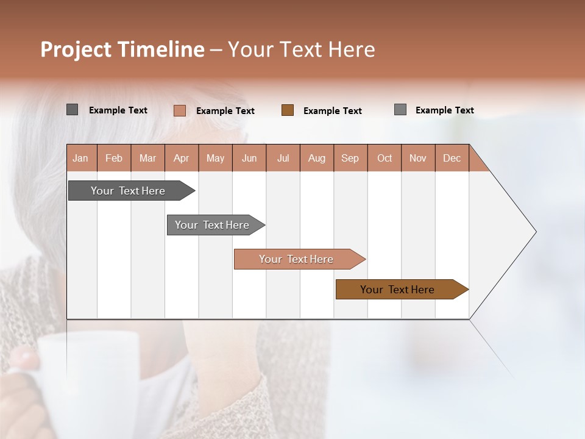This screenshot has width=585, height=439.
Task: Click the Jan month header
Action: pos(81,158)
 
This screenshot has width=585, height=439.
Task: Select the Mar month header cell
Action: pos(147,158)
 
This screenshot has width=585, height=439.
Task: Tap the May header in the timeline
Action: pos(215,158)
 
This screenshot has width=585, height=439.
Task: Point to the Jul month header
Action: pos(283,158)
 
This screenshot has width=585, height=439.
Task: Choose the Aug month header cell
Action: pos(316,158)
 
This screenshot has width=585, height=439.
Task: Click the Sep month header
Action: pos(350,158)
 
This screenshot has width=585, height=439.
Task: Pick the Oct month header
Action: pos(384,158)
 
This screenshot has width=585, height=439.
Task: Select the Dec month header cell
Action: pos(452,158)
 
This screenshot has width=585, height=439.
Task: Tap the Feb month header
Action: pos(114,158)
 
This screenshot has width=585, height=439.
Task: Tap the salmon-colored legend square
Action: pos(179,110)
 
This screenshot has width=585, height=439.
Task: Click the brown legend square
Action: pos(288,110)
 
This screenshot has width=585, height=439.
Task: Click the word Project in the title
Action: pos(76,49)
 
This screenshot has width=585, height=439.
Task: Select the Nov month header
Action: pos(418,158)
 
